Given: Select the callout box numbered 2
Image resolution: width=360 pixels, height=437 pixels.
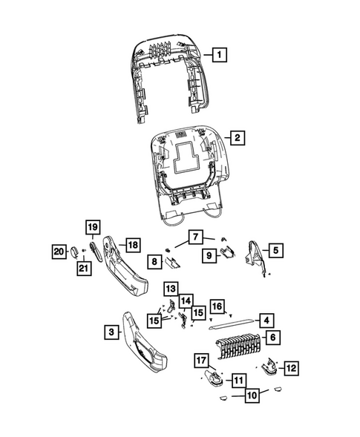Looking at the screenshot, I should (236, 139).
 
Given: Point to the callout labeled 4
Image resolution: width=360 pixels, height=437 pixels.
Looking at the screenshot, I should (266, 321).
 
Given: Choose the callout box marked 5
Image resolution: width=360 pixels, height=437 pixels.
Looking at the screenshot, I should (274, 251).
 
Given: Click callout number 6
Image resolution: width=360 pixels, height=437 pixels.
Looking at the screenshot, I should (273, 338).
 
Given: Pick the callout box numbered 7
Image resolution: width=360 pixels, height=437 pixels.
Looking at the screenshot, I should (194, 237).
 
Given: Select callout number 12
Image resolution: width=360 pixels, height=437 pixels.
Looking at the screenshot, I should (290, 367).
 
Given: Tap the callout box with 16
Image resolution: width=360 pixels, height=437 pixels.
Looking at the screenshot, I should (217, 306).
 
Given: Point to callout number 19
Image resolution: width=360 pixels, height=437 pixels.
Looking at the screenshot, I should (91, 226).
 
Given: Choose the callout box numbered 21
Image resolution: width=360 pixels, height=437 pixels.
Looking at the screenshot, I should (83, 268).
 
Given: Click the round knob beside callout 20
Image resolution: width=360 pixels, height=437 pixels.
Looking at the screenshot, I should (75, 252).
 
